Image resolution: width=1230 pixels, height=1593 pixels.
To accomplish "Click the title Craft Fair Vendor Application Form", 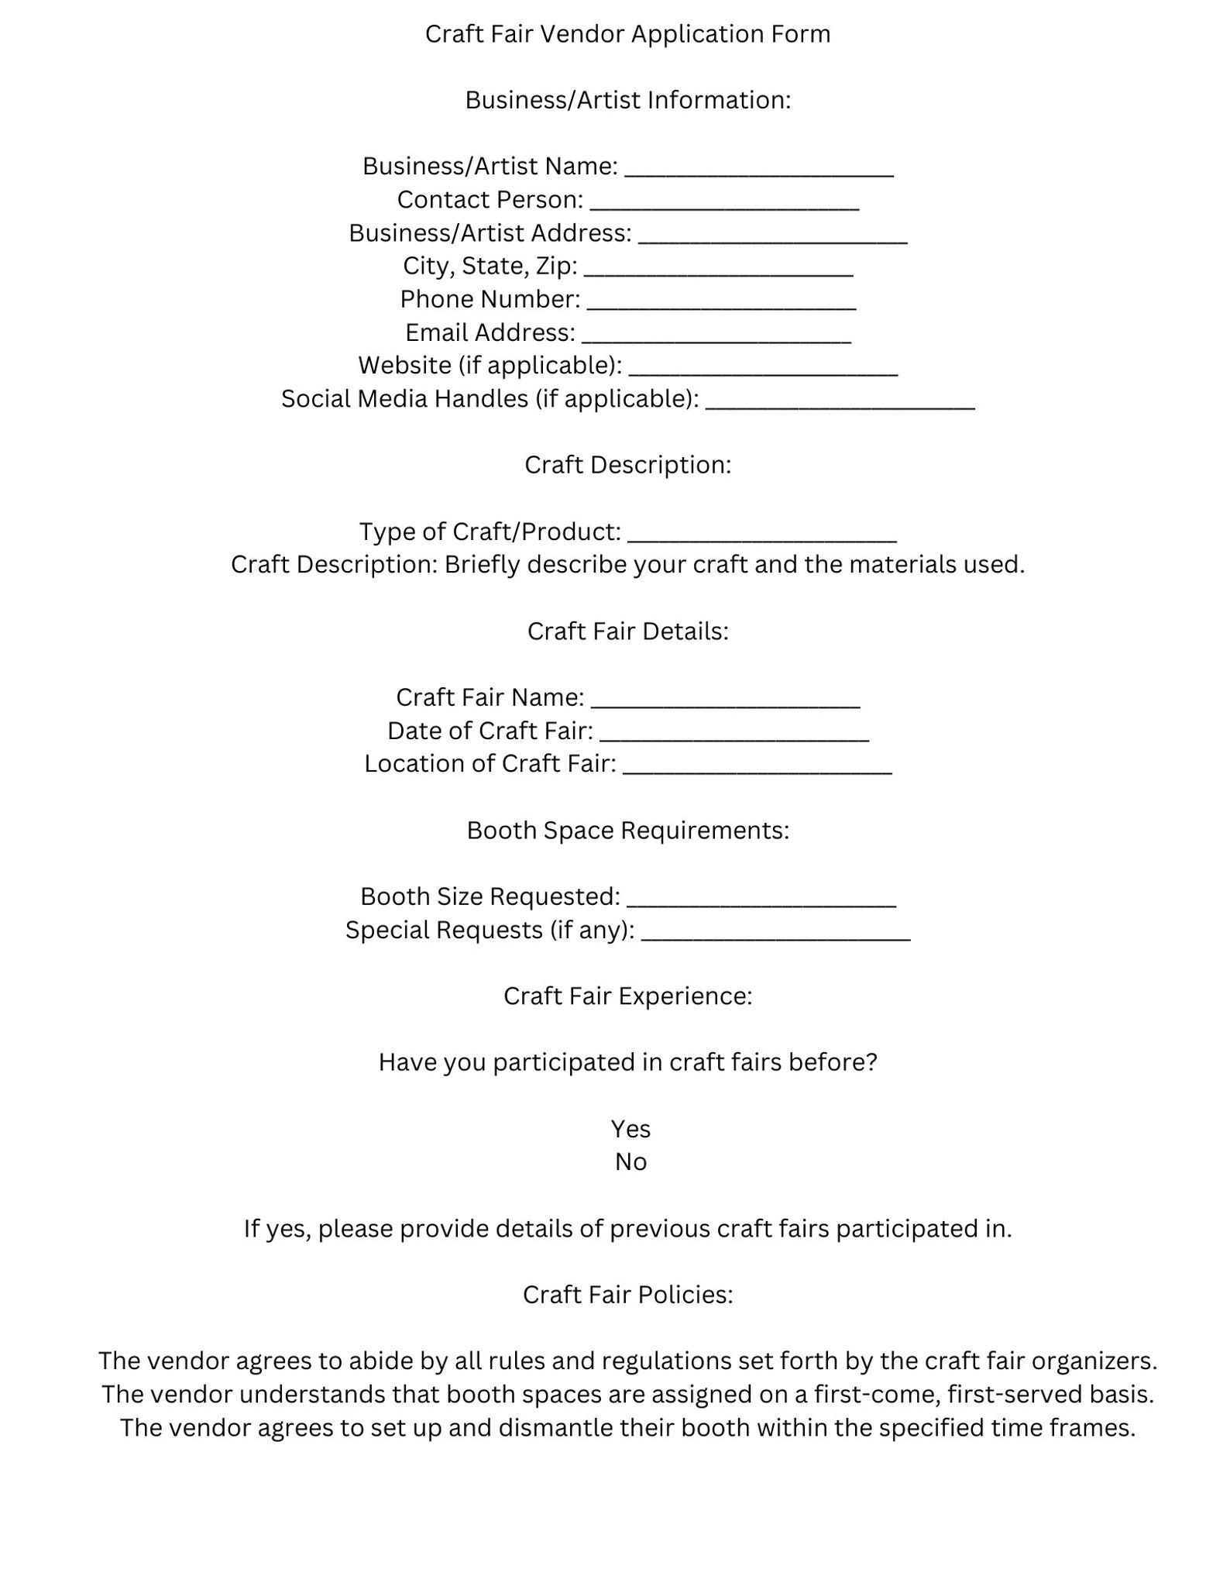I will [x=627, y=34].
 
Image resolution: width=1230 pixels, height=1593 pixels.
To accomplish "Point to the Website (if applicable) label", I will [x=490, y=365].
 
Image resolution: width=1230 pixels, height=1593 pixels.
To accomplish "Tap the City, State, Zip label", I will [x=490, y=266].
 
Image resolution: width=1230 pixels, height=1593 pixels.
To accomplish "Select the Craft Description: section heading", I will [x=627, y=465].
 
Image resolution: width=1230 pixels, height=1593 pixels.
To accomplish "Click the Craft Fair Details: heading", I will [x=627, y=631].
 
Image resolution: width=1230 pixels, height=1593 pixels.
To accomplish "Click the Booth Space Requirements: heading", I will [x=627, y=831].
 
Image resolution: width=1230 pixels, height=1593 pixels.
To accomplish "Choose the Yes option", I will [x=630, y=1129].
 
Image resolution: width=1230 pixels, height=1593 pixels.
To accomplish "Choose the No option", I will [x=630, y=1162].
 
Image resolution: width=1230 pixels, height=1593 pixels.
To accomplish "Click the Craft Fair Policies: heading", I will [x=627, y=1295].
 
